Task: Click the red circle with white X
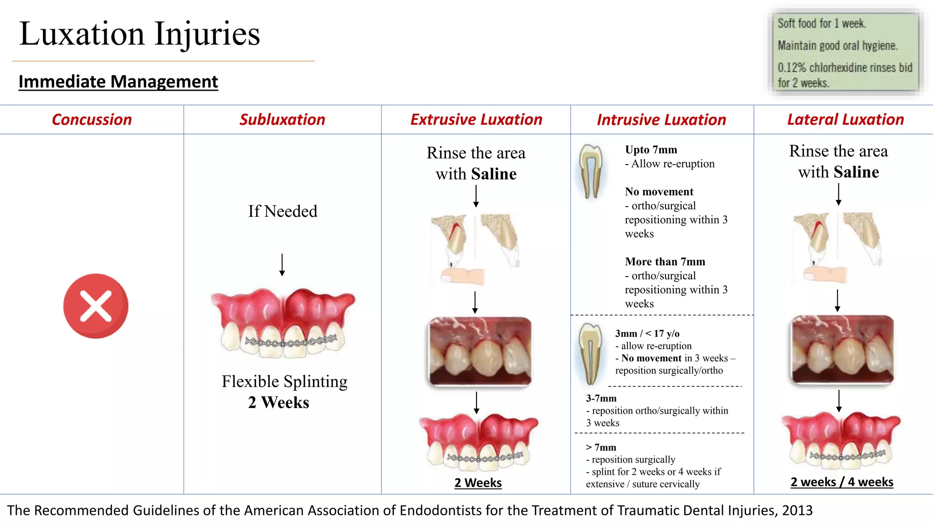(96, 306)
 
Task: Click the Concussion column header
(92, 119)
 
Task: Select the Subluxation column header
(282, 119)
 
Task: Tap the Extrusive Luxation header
(476, 119)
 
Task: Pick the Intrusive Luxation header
(661, 120)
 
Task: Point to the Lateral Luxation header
(845, 119)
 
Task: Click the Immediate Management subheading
(118, 82)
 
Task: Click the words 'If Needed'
(282, 211)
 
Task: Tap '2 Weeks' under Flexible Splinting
(278, 402)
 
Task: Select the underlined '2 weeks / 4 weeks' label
(841, 482)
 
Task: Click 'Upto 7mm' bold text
(651, 149)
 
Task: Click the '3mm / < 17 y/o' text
(647, 333)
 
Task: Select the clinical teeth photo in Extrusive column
(480, 351)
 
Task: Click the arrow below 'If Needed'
(282, 265)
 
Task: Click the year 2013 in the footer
(797, 510)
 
